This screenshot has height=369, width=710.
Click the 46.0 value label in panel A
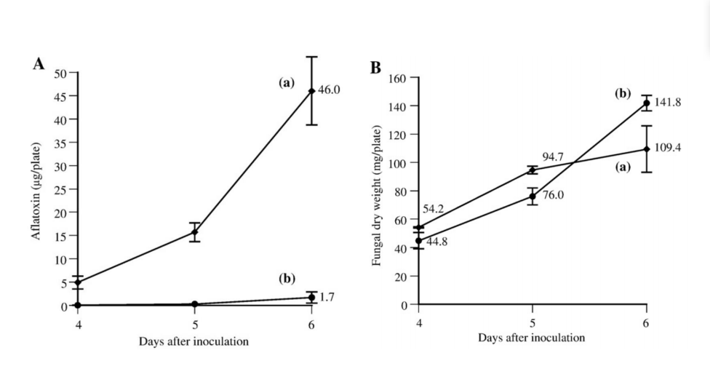click(x=330, y=90)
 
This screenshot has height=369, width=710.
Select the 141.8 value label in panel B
click(x=669, y=103)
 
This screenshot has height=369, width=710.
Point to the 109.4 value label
click(x=669, y=148)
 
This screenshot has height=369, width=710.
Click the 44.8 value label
click(x=436, y=242)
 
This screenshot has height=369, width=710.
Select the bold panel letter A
click(x=39, y=64)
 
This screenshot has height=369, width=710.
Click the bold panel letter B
click(x=376, y=68)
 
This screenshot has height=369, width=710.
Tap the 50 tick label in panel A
click(x=60, y=73)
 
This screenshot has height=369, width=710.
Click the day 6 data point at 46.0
click(x=311, y=91)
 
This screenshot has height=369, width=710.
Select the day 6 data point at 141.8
click(x=646, y=103)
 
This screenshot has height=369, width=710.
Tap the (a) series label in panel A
click(x=286, y=83)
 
